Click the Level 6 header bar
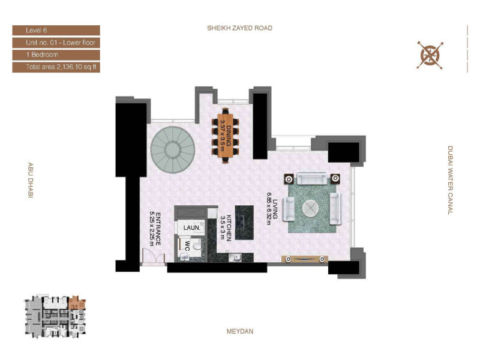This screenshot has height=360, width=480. click(56, 31)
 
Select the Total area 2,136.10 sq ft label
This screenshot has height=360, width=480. click(61, 67)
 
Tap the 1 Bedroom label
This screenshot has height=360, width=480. click(42, 55)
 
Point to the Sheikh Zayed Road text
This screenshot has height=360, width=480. click(239, 28)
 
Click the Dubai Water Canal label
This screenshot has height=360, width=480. click(450, 181)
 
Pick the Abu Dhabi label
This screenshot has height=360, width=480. click(31, 180)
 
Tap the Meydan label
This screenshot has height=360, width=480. click(240, 331)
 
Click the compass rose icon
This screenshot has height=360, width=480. click(430, 55)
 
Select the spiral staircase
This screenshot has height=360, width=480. click(173, 149)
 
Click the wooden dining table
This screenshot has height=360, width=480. click(226, 136)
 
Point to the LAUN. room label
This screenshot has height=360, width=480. click(191, 228)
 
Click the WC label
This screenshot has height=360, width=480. click(187, 246)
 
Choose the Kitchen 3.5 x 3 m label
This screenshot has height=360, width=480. click(226, 228)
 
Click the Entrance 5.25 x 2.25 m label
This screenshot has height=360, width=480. click(155, 229)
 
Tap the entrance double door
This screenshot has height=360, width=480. click(154, 256)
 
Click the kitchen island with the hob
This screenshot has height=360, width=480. click(244, 223)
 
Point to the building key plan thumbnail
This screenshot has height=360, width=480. click(55, 317)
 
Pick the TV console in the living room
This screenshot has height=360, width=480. click(305, 259)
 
